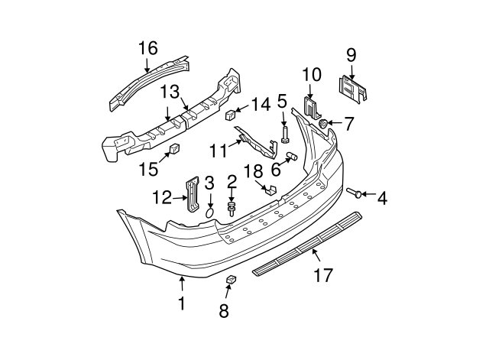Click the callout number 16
pyautogui.click(x=147, y=48)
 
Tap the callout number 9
pyautogui.click(x=351, y=54)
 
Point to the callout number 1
pyautogui.click(x=181, y=303)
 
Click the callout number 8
pyautogui.click(x=224, y=310)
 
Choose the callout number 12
pyautogui.click(x=162, y=197)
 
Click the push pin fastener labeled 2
pyautogui.click(x=231, y=209)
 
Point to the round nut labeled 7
pyautogui.click(x=324, y=123)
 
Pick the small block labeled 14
pyautogui.click(x=230, y=115)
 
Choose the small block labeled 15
pyautogui.click(x=174, y=148)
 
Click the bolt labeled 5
pyautogui.click(x=284, y=135)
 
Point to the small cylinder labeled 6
pyautogui.click(x=290, y=157)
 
